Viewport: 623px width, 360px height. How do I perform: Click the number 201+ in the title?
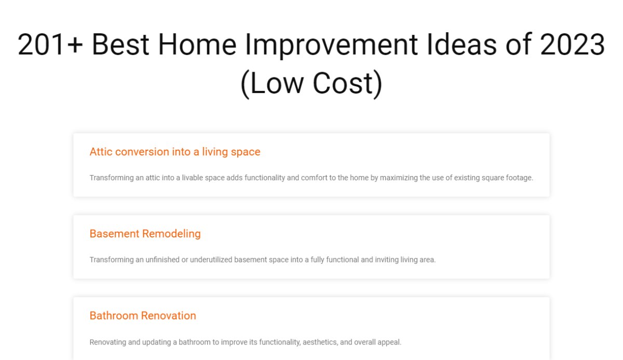50,45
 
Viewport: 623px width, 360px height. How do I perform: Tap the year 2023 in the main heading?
573,45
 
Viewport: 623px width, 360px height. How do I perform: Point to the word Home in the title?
197,45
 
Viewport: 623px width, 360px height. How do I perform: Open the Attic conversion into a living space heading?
175,152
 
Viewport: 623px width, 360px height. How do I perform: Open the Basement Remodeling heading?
145,234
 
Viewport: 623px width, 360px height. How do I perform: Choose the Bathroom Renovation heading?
143,316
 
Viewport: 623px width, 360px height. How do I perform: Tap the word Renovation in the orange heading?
169,316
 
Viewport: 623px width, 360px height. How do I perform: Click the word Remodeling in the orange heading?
171,234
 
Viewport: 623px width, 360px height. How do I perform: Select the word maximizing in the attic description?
399,178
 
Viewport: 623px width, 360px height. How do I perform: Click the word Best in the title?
120,45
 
